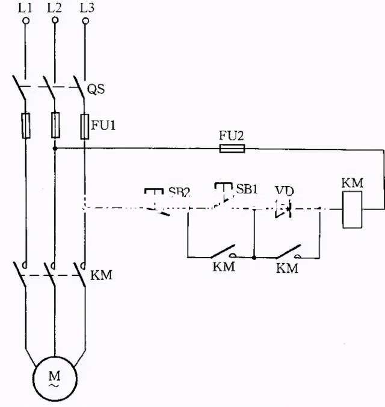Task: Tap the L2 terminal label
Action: click(x=55, y=8)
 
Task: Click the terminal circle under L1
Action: click(x=26, y=20)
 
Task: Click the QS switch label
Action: click(x=96, y=89)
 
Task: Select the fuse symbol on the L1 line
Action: click(x=26, y=125)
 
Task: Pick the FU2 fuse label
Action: click(x=231, y=136)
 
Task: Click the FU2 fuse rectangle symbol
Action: click(x=232, y=148)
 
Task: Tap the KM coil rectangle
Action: click(x=352, y=210)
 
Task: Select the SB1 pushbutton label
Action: click(x=247, y=189)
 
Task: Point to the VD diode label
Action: click(x=284, y=190)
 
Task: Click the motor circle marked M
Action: click(x=55, y=378)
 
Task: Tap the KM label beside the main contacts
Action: click(x=101, y=276)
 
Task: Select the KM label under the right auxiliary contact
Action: click(x=287, y=268)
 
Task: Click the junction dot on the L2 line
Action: click(x=55, y=148)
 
